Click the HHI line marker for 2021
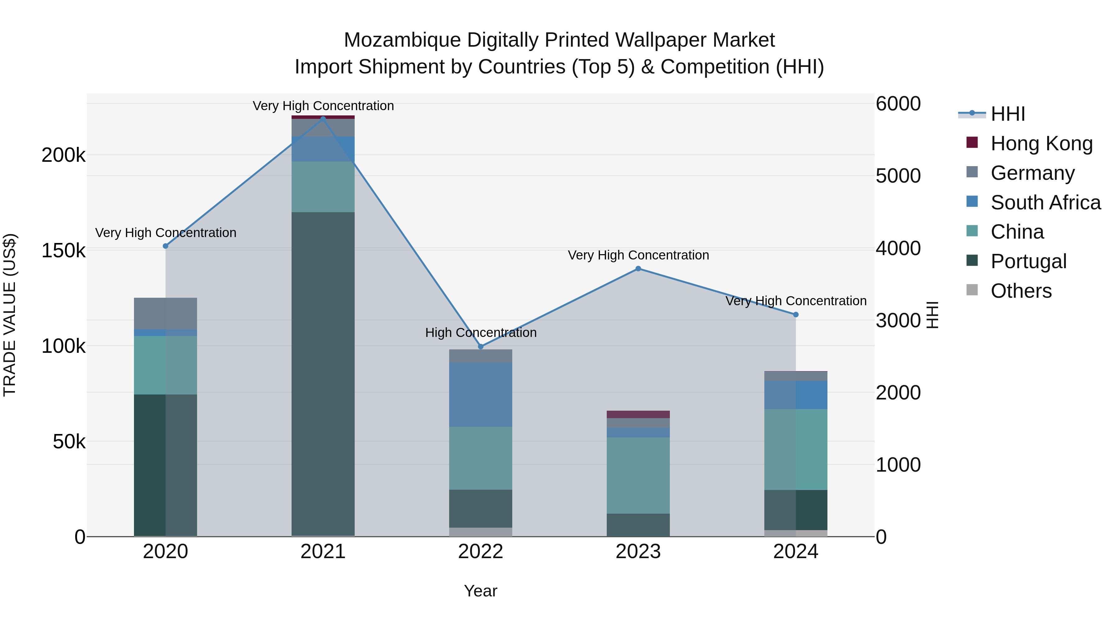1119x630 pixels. [x=323, y=118]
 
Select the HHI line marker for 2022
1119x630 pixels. [x=481, y=347]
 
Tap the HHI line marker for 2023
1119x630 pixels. [x=638, y=269]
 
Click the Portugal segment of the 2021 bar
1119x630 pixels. [x=323, y=374]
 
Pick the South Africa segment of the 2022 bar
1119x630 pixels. [x=481, y=395]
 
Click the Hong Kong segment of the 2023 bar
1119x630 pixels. [x=638, y=414]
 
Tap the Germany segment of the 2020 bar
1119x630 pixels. [x=165, y=314]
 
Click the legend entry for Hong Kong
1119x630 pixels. [x=1041, y=143]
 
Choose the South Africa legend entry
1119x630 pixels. [x=1045, y=203]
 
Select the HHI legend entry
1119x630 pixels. [x=1007, y=114]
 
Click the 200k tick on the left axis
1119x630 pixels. [x=63, y=155]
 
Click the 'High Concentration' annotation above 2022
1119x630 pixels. [x=481, y=333]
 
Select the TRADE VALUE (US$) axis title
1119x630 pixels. [x=10, y=315]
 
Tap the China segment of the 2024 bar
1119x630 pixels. [x=795, y=449]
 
